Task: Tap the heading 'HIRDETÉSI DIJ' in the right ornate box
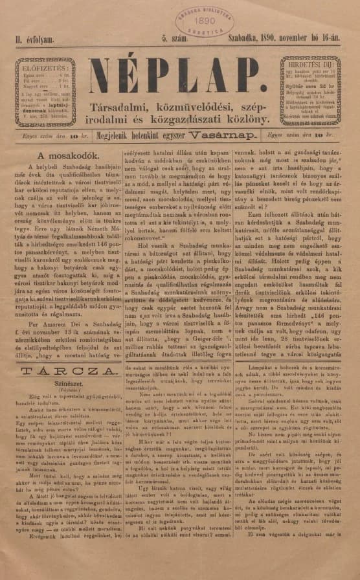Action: [x=317, y=66]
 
